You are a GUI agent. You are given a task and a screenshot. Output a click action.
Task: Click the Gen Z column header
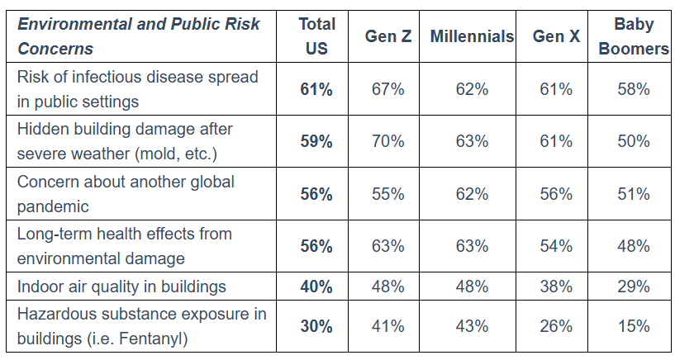coord(387,36)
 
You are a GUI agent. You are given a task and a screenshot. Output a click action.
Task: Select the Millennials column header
coord(472,36)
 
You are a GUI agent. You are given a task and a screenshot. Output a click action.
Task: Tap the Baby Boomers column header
coord(634,36)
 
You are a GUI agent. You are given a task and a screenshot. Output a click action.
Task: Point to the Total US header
coord(316,36)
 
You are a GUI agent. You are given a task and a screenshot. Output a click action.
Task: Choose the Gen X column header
coord(556,36)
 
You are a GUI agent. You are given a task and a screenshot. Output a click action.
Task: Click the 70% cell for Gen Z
coord(387,141)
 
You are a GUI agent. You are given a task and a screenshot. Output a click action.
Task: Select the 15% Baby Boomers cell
coord(634,326)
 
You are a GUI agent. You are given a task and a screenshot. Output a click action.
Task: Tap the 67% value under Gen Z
coord(387,89)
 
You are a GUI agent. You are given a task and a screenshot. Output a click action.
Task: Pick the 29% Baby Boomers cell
coord(634,287)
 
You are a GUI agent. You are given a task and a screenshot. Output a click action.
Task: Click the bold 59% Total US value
coord(316,141)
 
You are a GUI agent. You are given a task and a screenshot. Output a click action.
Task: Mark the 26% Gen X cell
coord(556,326)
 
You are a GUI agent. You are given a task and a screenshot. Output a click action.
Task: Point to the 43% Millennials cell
coord(472,326)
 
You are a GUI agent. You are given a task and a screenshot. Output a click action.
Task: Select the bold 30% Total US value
coord(316,326)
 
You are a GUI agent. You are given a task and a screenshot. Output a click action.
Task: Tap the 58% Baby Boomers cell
coord(634,89)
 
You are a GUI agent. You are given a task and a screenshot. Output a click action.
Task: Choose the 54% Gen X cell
coord(556,246)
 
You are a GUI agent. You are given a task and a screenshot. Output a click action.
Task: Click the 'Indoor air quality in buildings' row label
coord(121,287)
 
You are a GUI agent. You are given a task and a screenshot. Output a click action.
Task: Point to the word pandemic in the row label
coord(53,207)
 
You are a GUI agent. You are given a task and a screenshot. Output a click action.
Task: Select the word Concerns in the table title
coord(55,49)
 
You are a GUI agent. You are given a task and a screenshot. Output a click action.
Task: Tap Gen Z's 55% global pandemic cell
coord(387,194)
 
